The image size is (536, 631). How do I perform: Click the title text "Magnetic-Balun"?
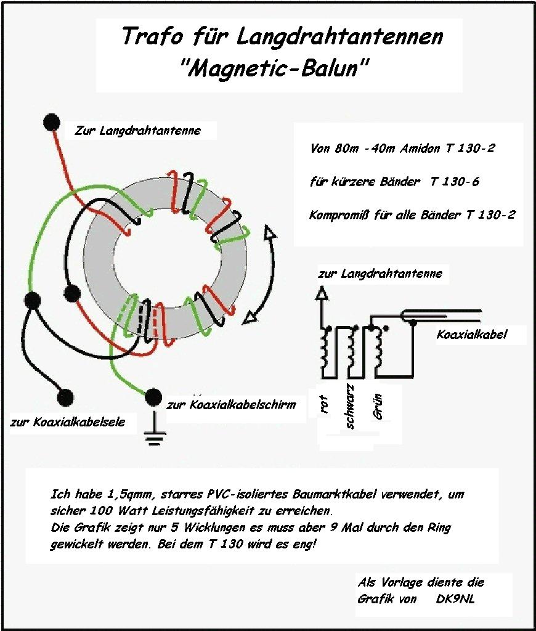[x=279, y=68]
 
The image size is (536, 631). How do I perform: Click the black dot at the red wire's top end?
[x=52, y=122]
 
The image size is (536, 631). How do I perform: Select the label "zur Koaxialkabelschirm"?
[x=231, y=405]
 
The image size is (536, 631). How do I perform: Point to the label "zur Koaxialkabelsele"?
[x=68, y=422]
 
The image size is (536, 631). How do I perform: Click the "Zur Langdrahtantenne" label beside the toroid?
[x=137, y=131]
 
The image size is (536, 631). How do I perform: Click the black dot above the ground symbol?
[x=153, y=396]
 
